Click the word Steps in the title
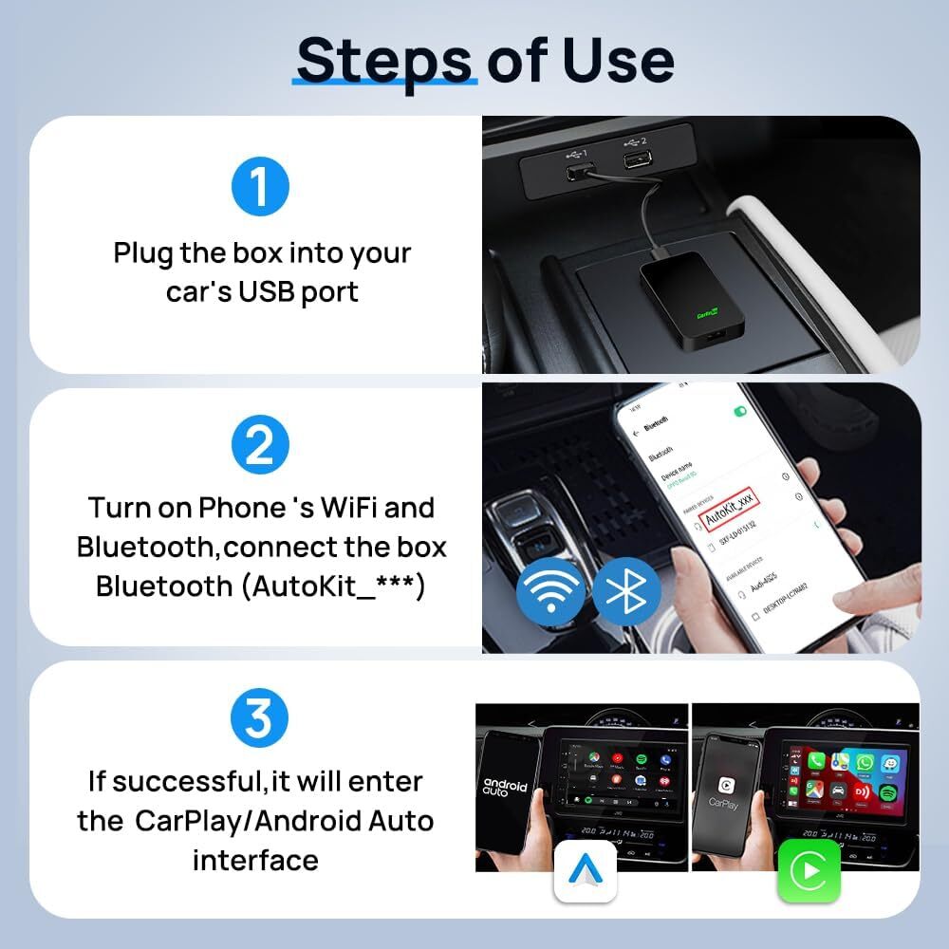383,61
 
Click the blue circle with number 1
259,186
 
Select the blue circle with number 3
259,719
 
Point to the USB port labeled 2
633,159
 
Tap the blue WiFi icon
550,590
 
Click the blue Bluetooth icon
626,590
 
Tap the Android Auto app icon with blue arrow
586,870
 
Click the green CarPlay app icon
809,870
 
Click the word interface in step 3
255,860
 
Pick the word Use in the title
622,61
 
